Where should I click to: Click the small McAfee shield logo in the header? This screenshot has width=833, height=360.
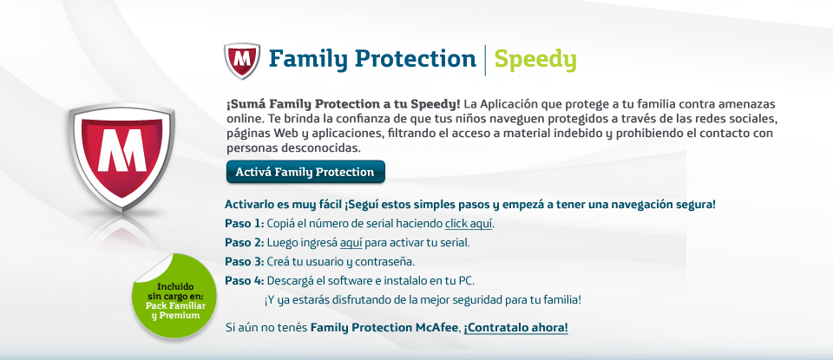[242, 61]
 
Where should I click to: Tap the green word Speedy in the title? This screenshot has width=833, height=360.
[535, 60]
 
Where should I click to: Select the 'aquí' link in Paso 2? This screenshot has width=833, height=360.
[351, 243]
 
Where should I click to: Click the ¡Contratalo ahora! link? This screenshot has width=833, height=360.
[515, 328]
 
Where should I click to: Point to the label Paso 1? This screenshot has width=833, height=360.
[244, 223]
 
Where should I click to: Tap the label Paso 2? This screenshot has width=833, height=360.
[245, 243]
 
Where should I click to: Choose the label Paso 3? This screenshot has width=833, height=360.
[245, 262]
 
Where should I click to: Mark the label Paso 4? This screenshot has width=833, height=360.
[245, 280]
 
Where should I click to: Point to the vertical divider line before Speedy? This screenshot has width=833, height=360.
[485, 61]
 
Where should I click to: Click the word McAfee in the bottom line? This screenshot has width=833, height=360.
[436, 328]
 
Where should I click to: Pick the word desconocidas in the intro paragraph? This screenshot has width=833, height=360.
[327, 148]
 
